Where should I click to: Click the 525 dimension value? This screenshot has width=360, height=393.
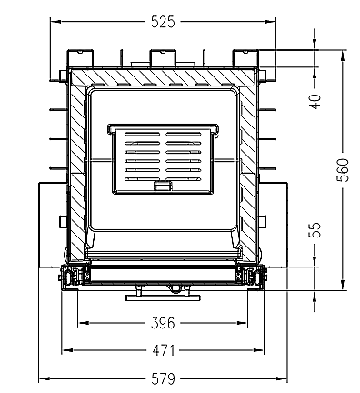(163, 22)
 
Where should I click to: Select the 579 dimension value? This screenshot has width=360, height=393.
(163, 379)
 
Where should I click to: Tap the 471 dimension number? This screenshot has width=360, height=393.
(164, 351)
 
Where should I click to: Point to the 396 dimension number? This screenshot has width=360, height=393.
(163, 323)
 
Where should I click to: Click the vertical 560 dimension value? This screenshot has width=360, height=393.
(343, 170)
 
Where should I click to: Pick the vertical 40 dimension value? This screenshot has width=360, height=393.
(315, 102)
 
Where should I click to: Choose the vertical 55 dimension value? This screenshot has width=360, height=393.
(315, 230)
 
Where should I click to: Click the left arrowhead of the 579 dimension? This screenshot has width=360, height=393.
(45, 378)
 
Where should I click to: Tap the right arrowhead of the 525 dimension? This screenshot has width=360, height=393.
(270, 22)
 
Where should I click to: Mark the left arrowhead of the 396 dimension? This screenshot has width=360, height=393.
(83, 323)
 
